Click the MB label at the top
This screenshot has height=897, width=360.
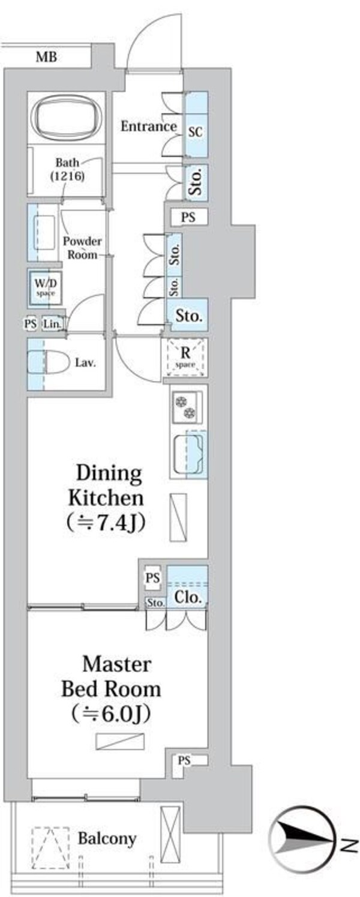[46, 57]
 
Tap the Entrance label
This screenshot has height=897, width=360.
[149, 127]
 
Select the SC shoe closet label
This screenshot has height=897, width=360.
[196, 132]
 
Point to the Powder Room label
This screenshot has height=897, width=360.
[82, 248]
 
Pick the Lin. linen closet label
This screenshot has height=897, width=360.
[52, 324]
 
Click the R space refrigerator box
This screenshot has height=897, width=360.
[185, 357]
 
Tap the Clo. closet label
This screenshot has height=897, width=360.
[187, 598]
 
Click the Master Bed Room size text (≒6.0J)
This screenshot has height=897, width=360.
[111, 713]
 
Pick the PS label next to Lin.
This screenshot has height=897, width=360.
[31, 323]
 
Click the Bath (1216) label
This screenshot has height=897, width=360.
[67, 169]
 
